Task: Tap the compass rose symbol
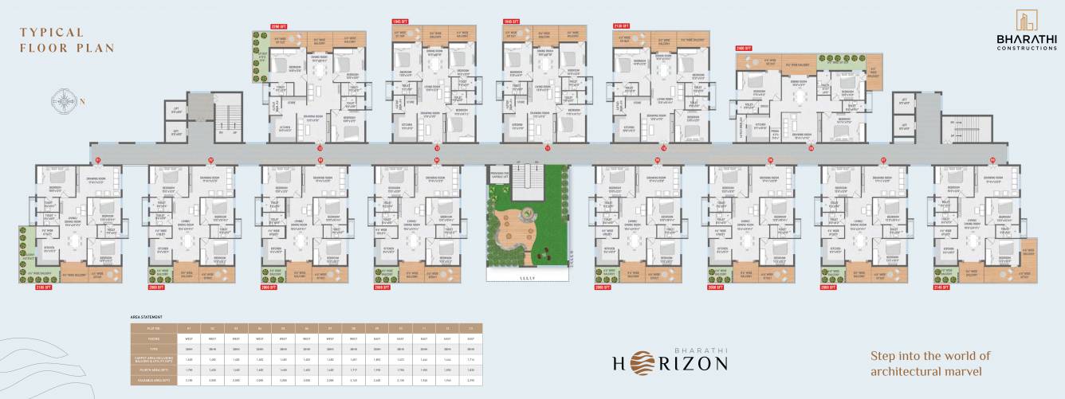point(63,100)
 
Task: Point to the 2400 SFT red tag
point(745,48)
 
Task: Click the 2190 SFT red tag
point(279,26)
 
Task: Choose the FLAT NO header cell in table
point(155,327)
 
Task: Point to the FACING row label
point(155,338)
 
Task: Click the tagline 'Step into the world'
point(930,356)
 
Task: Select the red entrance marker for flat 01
point(98,160)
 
